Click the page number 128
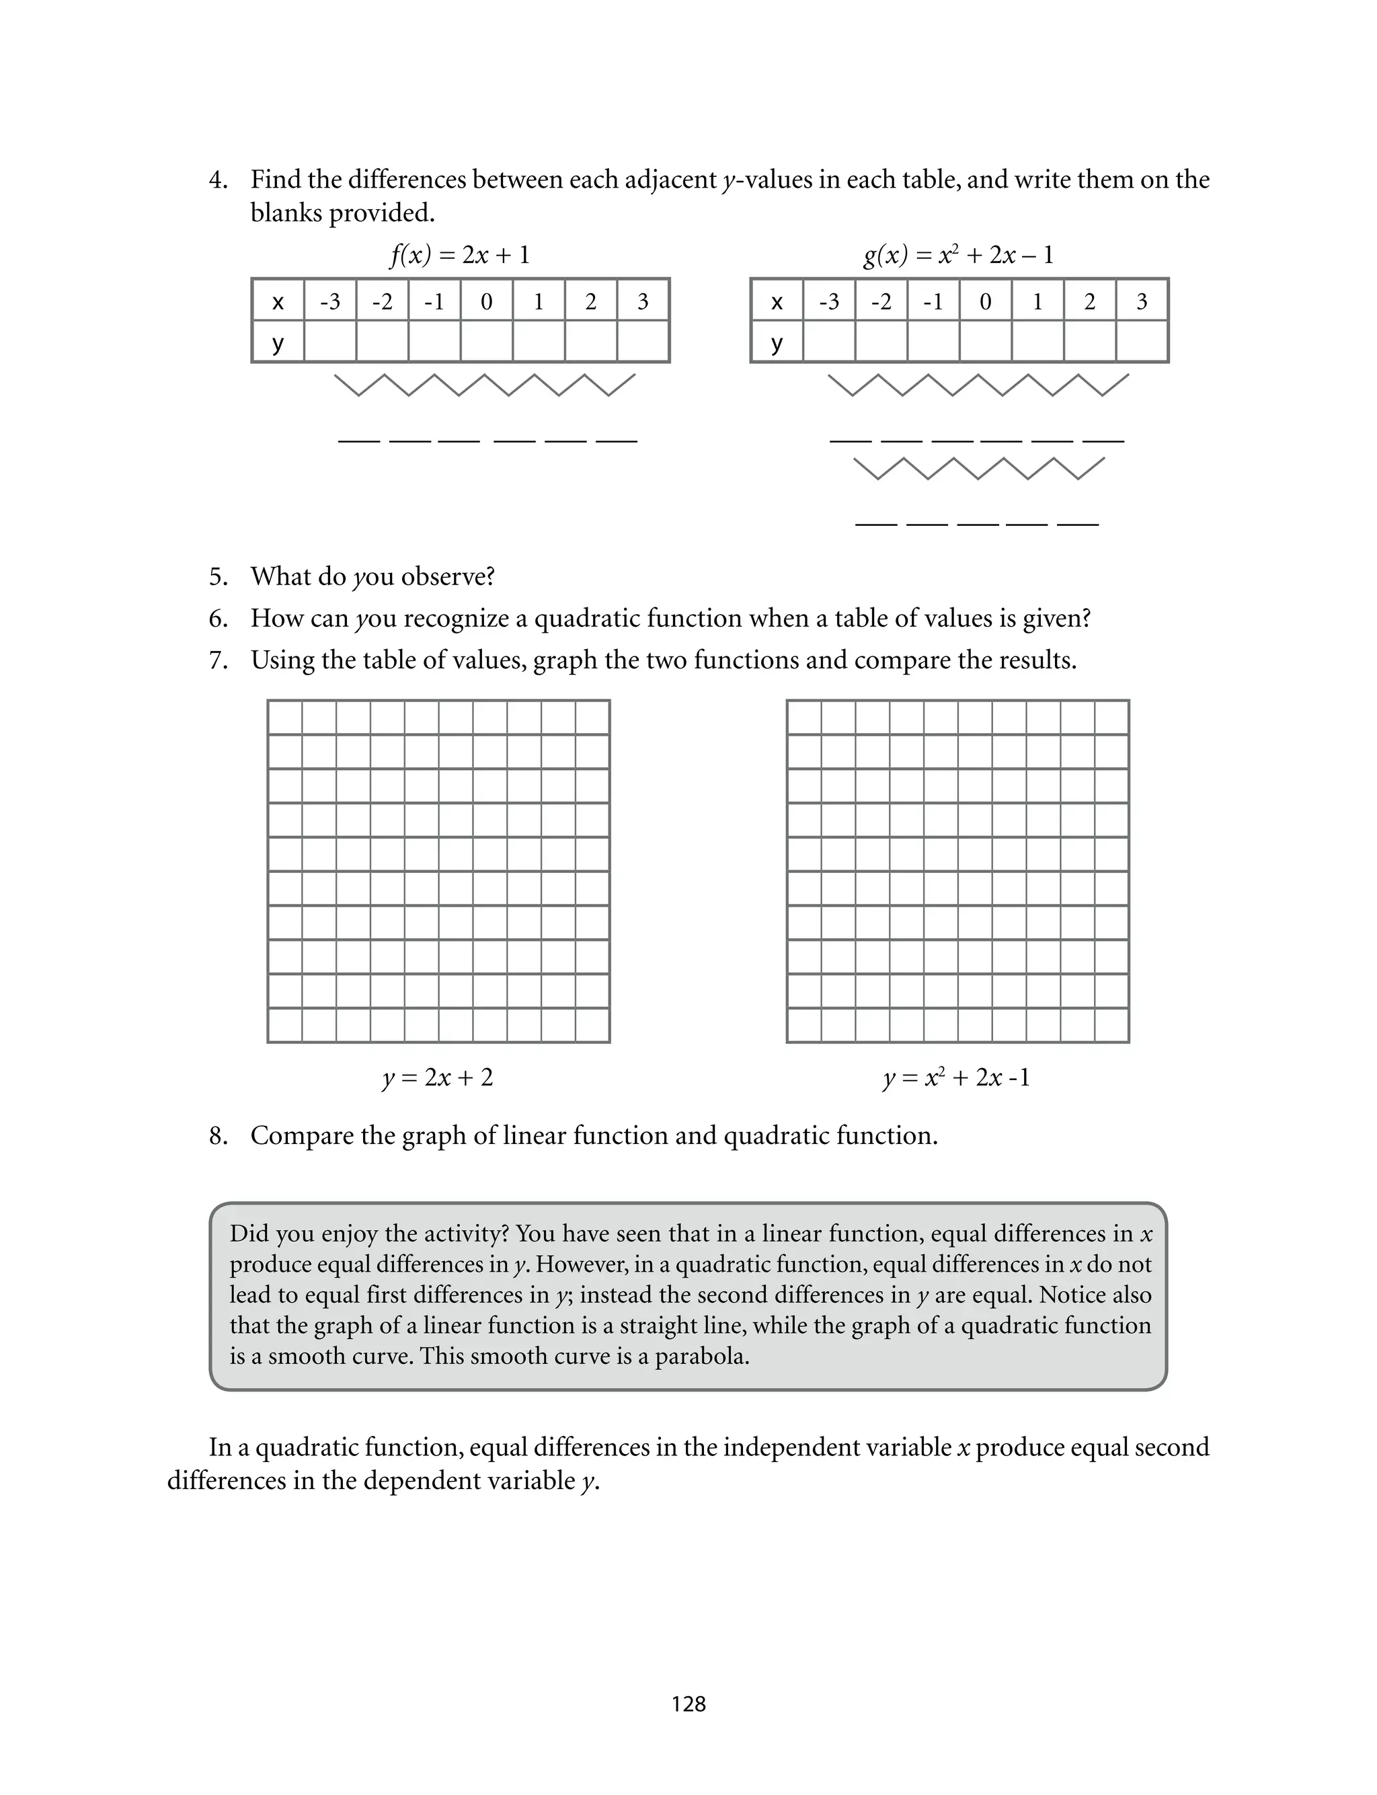pos(688,1704)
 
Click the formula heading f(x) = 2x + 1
pos(460,255)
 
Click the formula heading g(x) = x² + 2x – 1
pos(958,255)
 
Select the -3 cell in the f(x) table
pos(330,301)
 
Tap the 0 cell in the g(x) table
pos(985,301)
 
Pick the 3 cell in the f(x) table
pos(643,301)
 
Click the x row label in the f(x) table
pos(278,301)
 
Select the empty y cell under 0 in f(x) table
pos(486,342)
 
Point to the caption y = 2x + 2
pos(438,1077)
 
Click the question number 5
pos(217,577)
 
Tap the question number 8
pos(217,1136)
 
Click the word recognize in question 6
pos(455,618)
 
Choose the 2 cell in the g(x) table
pos(1089,301)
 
